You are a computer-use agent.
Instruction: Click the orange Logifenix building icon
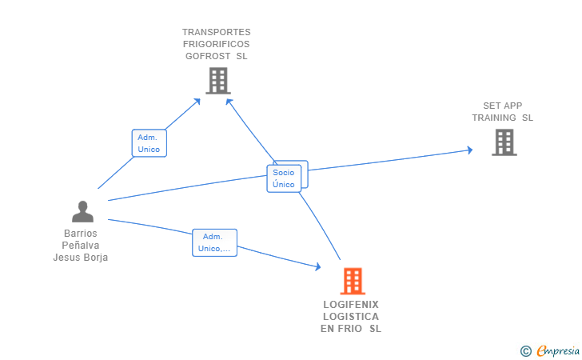coord(353,282)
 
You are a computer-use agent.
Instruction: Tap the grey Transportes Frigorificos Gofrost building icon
coord(217,81)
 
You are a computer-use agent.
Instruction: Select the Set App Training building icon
coord(504,142)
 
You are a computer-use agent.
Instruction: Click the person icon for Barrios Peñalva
coord(82,211)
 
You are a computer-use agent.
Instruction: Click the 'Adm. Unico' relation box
coord(149,143)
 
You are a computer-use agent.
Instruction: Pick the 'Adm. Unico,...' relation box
coord(214,242)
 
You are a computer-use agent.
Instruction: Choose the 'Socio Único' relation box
coord(285,178)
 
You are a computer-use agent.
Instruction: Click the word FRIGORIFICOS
coord(216,44)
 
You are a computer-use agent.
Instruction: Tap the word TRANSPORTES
coord(216,32)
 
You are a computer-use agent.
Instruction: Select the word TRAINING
coord(493,118)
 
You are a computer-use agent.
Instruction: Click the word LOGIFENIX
coord(351,305)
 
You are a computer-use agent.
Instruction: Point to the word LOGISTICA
coord(351,317)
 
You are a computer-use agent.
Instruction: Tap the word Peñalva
coord(80,246)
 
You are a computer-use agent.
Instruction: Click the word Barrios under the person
coord(80,234)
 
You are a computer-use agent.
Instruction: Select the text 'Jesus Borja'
coord(80,258)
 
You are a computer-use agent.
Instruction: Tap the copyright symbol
coord(525,350)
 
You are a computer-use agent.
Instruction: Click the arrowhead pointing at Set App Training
coord(469,150)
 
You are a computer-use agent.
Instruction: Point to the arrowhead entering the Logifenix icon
coord(318,267)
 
